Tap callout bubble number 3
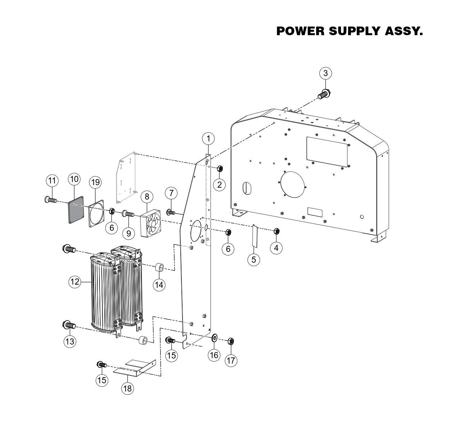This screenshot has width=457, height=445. [x=326, y=74]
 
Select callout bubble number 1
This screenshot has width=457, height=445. [x=208, y=138]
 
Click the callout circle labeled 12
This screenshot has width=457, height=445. [x=75, y=282]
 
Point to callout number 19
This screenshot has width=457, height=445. [x=95, y=182]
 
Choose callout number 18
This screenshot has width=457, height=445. [x=128, y=388]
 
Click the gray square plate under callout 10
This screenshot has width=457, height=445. [x=76, y=210]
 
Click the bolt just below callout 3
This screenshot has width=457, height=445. [x=324, y=94]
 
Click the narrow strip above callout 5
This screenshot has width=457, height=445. [x=254, y=236]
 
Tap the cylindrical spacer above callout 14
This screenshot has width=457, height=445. [x=159, y=268]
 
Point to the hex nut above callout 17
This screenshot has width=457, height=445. [x=231, y=341]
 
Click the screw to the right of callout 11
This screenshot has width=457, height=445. [x=51, y=199]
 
